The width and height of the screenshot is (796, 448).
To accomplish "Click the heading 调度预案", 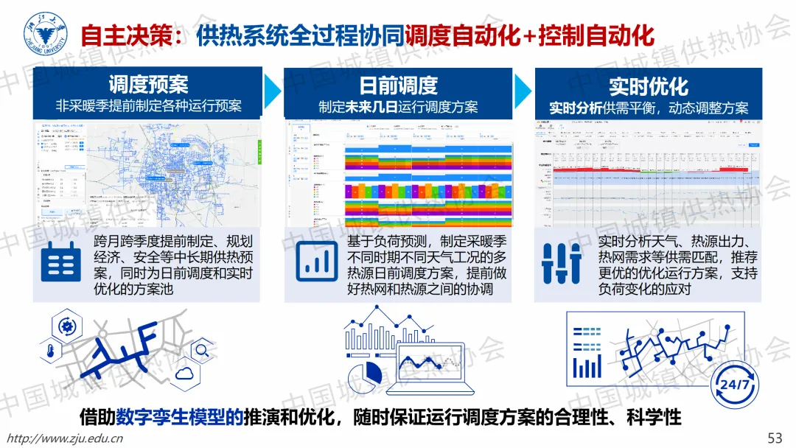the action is [148, 84].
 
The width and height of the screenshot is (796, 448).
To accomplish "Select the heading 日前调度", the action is [398, 85].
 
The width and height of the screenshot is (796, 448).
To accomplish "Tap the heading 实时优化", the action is [648, 85].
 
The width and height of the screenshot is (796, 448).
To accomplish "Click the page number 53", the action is [775, 438].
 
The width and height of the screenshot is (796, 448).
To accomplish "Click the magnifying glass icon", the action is [200, 349].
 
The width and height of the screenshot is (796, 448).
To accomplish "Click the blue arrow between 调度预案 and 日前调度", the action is [273, 90].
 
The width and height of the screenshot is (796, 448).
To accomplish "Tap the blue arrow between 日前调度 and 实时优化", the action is [523, 90].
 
